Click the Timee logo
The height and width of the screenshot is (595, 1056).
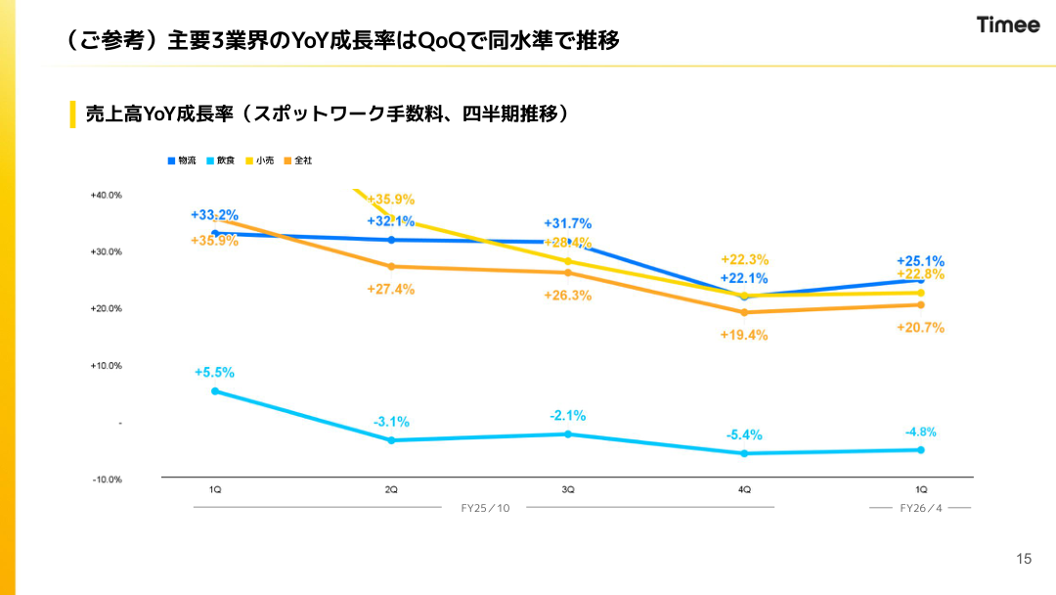[x=1008, y=25]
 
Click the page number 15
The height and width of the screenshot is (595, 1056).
[x=1024, y=560]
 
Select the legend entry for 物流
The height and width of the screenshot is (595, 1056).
[x=182, y=160]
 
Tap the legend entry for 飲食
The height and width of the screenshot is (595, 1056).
[x=220, y=160]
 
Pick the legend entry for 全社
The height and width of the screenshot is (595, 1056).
[x=298, y=160]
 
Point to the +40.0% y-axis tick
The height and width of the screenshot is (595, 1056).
[x=107, y=195]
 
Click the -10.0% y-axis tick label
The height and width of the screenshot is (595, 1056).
[x=107, y=480]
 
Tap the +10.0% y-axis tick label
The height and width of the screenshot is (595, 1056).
[x=107, y=366]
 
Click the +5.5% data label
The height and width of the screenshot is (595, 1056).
[x=214, y=373]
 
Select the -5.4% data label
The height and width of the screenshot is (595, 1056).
[x=744, y=435]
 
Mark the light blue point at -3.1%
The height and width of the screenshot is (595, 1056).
[x=391, y=440]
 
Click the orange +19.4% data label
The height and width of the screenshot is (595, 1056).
[x=744, y=335]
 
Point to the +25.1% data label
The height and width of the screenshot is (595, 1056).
[x=920, y=261]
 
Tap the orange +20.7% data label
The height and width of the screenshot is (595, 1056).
[x=920, y=328]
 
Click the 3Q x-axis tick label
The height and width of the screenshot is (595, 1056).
[x=567, y=489]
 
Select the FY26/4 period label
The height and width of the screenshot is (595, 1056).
[x=920, y=508]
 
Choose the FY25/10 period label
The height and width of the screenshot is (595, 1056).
[x=485, y=508]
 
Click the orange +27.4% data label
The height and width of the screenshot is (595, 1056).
[x=391, y=289]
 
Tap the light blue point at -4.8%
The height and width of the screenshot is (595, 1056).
[x=920, y=450]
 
